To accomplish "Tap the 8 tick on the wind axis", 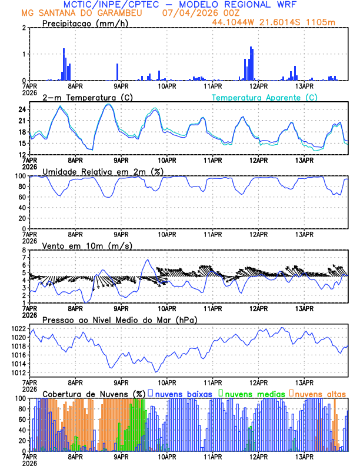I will (24, 250).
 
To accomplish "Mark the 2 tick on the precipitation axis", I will (24, 28).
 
